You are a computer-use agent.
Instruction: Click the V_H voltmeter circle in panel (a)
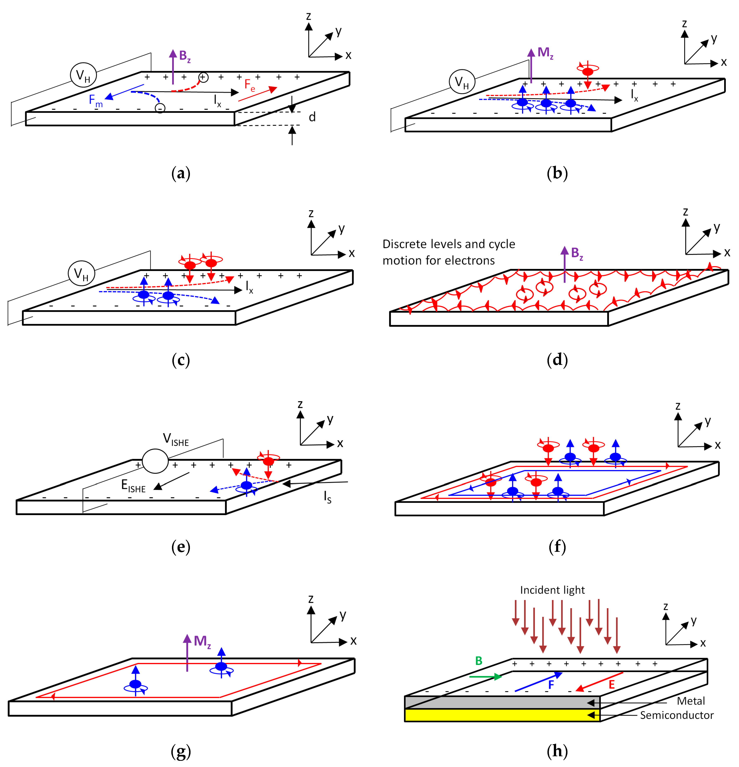(x=83, y=75)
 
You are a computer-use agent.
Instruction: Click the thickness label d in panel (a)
(x=312, y=117)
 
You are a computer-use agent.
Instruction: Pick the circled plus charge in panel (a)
(x=203, y=77)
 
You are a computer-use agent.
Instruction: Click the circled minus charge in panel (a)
(x=160, y=108)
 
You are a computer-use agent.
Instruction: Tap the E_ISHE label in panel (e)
(x=133, y=486)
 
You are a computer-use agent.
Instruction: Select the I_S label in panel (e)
(x=327, y=497)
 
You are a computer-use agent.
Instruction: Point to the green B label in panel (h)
(x=478, y=661)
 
